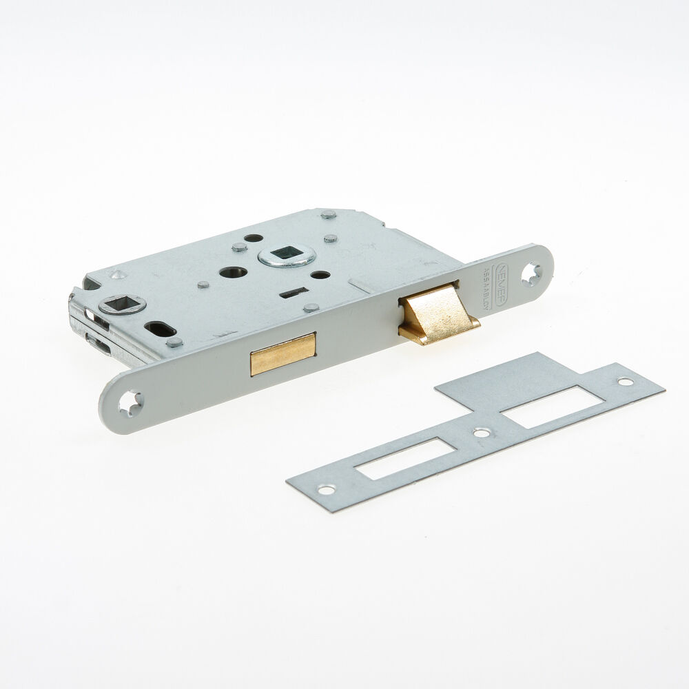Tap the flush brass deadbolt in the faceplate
282,353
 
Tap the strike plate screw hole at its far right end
624,381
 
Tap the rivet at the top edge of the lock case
328,214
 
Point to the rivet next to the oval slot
174,342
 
